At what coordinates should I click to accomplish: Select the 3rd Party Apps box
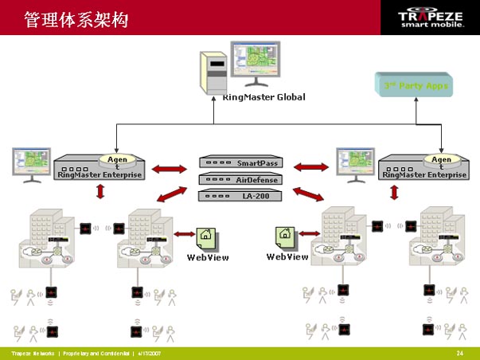[x=416, y=85]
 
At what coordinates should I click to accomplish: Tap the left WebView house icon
[x=206, y=235]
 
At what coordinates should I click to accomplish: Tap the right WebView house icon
[x=286, y=237]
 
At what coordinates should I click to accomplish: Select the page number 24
[x=459, y=352]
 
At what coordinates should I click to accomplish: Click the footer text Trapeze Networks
[x=33, y=352]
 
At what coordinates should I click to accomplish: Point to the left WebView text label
[x=208, y=257]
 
